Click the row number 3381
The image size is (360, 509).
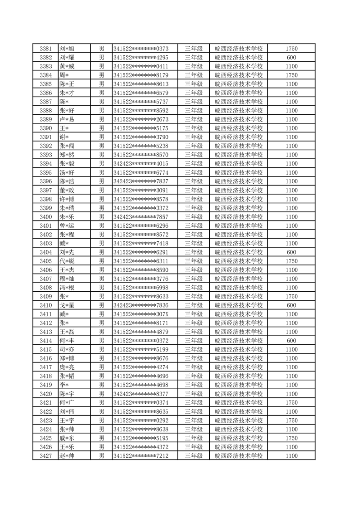45,49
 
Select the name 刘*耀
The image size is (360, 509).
67,58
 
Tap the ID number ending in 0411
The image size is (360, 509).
141,66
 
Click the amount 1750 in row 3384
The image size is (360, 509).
292,75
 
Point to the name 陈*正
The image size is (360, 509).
67,84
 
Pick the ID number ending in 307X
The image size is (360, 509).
141,314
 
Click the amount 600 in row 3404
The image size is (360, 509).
292,252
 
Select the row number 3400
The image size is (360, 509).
45,217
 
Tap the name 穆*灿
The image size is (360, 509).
67,279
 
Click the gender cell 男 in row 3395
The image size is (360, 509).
102,172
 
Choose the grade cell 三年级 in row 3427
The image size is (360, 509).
193,455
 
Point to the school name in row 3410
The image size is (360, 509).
238,305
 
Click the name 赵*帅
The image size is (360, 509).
67,455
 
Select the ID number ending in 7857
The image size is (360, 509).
141,217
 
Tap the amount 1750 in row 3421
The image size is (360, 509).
292,402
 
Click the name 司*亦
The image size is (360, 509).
67,349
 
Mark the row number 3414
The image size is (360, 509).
45,341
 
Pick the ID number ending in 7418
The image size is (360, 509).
141,243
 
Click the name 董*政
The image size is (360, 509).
67,190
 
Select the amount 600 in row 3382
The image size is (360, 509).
292,58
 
